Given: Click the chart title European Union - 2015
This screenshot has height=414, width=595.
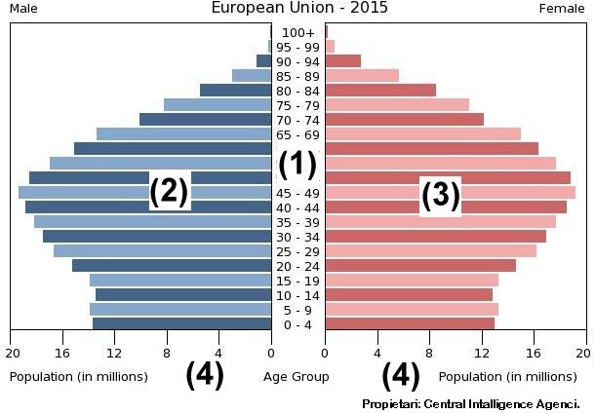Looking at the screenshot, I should pyautogui.click(x=299, y=8).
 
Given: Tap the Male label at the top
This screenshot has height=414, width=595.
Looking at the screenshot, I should pyautogui.click(x=23, y=9).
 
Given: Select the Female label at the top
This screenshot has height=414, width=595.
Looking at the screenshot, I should pyautogui.click(x=562, y=9).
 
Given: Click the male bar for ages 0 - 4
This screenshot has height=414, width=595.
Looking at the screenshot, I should pyautogui.click(x=181, y=324).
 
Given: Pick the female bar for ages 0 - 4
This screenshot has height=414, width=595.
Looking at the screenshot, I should pyautogui.click(x=410, y=324).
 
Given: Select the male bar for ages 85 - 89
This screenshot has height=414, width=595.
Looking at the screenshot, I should pyautogui.click(x=252, y=76).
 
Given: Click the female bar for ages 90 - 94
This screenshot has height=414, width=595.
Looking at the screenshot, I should pyautogui.click(x=342, y=61).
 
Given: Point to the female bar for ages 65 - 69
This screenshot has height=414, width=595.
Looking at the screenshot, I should pyautogui.click(x=422, y=134).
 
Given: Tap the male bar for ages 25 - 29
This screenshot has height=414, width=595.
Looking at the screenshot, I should pyautogui.click(x=162, y=251).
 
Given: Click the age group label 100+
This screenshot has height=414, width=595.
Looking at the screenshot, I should pyautogui.click(x=297, y=33).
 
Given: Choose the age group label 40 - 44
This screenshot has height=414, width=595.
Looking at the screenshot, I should pyautogui.click(x=297, y=207).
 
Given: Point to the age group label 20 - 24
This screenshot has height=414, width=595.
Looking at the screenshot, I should pyautogui.click(x=297, y=266).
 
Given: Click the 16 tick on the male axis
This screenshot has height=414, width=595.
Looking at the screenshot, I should pyautogui.click(x=63, y=353).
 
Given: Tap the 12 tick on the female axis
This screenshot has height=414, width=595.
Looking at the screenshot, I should pyautogui.click(x=481, y=353).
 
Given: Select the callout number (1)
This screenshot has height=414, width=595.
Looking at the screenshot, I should pyautogui.click(x=297, y=165).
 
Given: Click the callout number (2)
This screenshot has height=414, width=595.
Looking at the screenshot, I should pyautogui.click(x=169, y=192).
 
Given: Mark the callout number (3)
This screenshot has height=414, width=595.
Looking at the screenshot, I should pyautogui.click(x=440, y=196).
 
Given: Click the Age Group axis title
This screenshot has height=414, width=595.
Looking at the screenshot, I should pyautogui.click(x=297, y=376).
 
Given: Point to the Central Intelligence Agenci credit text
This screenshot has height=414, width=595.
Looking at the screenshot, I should pyautogui.click(x=471, y=403).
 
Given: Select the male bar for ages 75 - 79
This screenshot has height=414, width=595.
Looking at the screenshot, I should pyautogui.click(x=218, y=105).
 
